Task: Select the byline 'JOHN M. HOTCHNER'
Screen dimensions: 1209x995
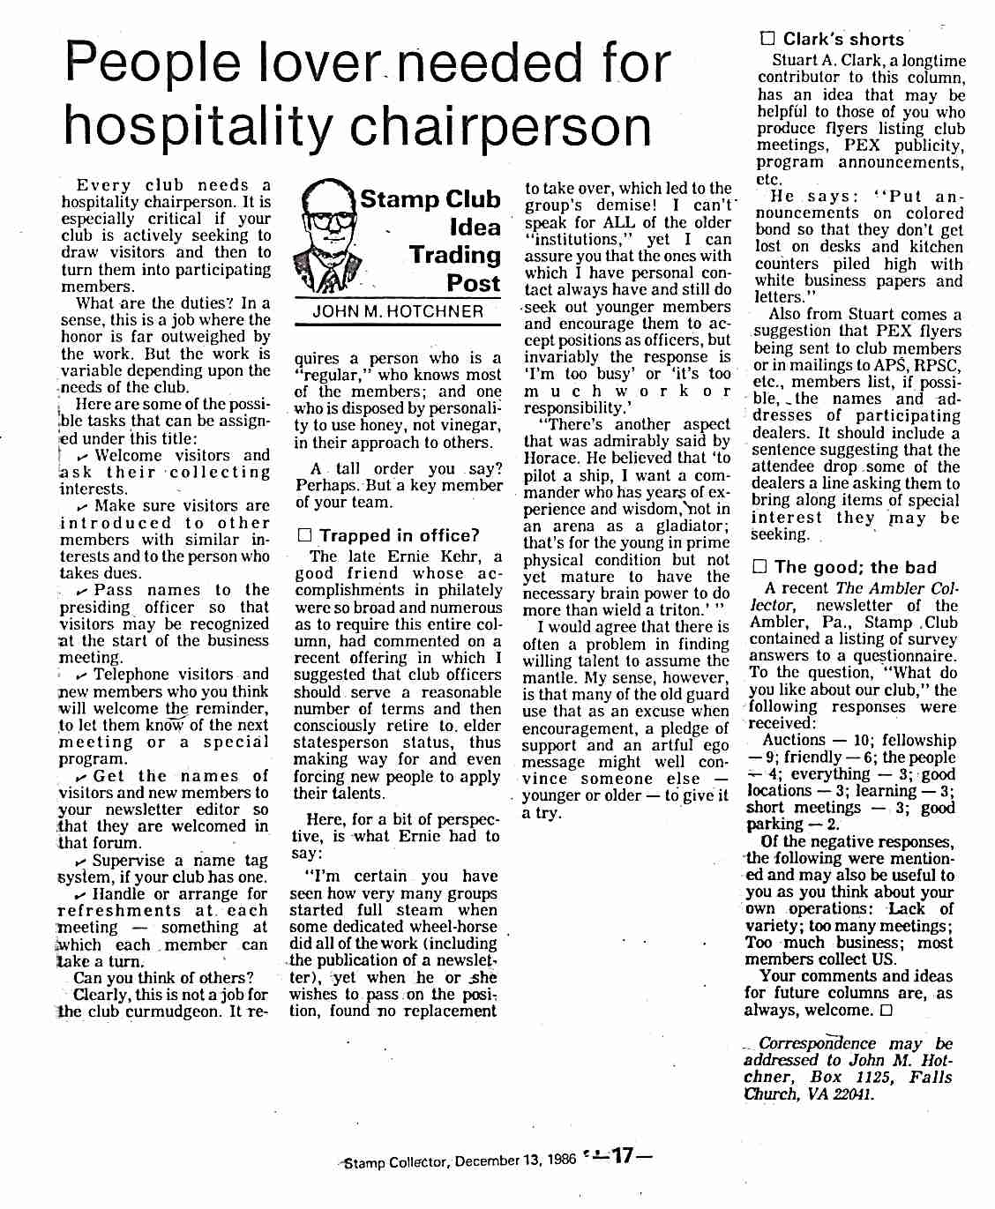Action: (x=398, y=311)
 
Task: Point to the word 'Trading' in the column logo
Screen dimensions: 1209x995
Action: (x=454, y=255)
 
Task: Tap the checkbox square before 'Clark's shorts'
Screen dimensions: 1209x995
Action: (x=767, y=39)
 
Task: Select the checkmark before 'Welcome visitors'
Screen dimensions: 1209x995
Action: (x=83, y=456)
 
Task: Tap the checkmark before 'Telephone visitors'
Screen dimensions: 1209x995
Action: (x=82, y=675)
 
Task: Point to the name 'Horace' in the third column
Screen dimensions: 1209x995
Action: (x=553, y=458)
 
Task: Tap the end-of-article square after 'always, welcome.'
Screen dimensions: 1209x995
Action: (x=886, y=1011)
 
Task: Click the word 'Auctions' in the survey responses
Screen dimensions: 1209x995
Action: (x=794, y=741)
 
